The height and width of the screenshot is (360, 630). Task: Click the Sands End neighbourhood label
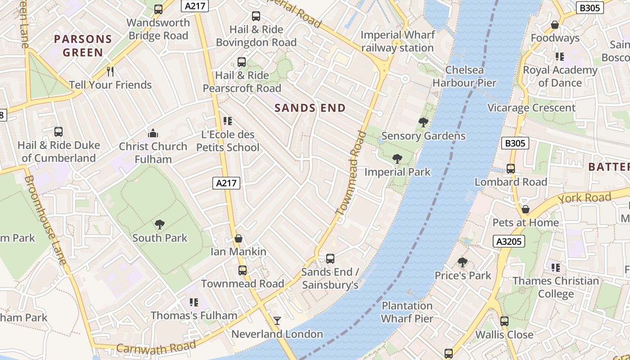click(x=310, y=108)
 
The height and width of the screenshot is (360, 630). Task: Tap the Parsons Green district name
click(x=83, y=46)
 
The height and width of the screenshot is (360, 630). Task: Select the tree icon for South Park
click(x=159, y=225)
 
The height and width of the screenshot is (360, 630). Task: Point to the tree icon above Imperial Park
click(x=397, y=159)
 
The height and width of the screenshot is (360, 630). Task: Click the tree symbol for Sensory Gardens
click(x=423, y=122)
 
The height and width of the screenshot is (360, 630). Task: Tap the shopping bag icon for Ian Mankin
click(x=238, y=238)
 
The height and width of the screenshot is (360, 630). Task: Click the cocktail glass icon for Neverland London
click(x=277, y=321)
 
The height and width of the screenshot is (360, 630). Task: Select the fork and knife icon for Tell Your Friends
click(x=110, y=72)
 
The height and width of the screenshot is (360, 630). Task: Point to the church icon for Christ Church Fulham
click(x=153, y=133)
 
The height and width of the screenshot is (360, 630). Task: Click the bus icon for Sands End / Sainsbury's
click(x=330, y=259)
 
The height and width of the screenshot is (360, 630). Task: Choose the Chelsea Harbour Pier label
click(x=464, y=76)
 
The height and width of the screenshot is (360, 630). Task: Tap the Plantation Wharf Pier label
click(x=407, y=312)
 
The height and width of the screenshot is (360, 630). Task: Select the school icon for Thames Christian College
click(x=556, y=268)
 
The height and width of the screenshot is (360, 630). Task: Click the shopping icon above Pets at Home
click(x=525, y=209)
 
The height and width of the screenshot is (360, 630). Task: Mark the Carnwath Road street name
click(x=156, y=347)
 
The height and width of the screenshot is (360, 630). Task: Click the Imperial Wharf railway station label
click(x=398, y=41)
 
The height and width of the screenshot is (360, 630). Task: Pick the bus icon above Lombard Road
click(x=511, y=169)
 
